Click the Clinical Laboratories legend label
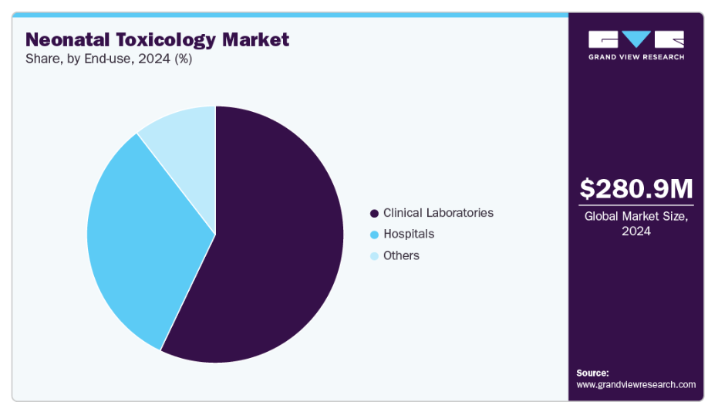438,213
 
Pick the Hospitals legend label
409,234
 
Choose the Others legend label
401,255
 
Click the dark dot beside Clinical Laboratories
375,213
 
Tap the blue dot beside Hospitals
375,235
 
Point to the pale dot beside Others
375,255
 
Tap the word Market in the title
258,39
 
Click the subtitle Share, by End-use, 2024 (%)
109,59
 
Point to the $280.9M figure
636,188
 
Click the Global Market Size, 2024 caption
636,224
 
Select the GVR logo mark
636,39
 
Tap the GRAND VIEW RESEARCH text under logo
636,57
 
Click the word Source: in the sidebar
592,373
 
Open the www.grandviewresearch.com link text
636,384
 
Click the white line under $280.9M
636,205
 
